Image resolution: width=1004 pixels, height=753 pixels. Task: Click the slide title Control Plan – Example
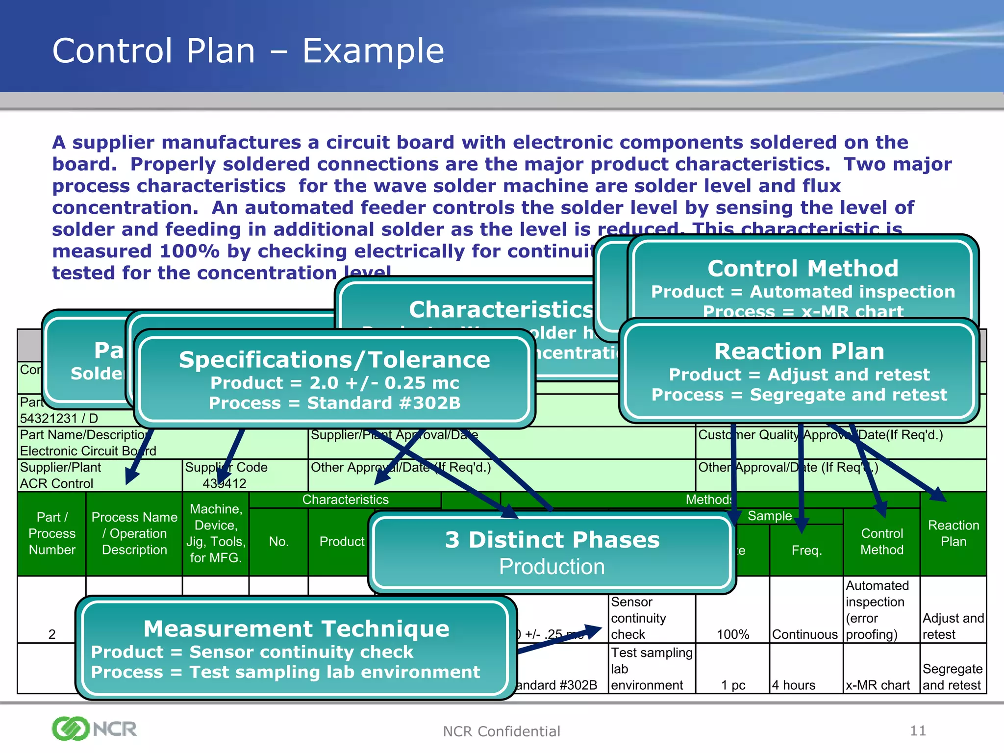[248, 51]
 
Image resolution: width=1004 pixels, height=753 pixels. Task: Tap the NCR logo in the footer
[94, 728]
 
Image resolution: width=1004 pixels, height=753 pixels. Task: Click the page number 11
[918, 731]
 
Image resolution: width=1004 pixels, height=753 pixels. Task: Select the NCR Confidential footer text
[501, 731]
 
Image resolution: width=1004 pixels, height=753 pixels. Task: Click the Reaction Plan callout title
[799, 351]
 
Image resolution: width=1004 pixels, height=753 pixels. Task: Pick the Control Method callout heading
[803, 269]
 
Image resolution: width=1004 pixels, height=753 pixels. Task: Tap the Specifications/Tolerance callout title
[334, 360]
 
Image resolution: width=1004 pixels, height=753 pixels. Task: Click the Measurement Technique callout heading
[296, 628]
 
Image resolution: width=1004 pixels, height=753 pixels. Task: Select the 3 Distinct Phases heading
[552, 540]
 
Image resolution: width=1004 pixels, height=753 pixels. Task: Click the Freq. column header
[806, 550]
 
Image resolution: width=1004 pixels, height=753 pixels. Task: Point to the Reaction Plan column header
[953, 533]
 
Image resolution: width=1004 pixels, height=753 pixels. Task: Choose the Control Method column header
[881, 541]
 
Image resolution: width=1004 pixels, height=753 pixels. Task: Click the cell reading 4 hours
[793, 685]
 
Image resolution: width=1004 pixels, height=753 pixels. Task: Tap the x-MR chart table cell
[878, 685]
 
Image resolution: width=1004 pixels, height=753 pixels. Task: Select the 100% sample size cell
[733, 634]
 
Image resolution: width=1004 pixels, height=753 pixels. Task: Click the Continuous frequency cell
[804, 634]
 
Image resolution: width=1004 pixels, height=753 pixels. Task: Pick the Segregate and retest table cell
[952, 677]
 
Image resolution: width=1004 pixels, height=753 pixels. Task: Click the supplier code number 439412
[225, 483]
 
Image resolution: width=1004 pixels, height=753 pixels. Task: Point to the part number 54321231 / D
[59, 418]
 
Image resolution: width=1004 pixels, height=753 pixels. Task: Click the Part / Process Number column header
[52, 533]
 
